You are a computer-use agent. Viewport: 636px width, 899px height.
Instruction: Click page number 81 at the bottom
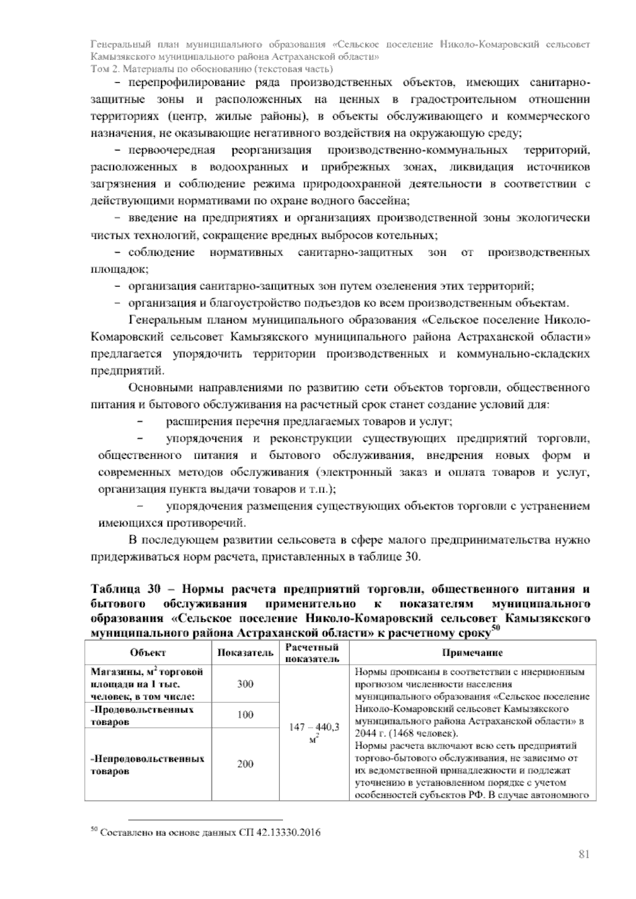584,854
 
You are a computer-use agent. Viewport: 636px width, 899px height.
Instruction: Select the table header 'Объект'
148,653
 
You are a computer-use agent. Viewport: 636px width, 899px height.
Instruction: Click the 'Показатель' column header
245,653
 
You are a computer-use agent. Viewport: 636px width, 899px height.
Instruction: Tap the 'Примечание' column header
472,653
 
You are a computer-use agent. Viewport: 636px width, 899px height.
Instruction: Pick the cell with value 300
245,684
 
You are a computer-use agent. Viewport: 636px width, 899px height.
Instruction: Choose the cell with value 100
245,715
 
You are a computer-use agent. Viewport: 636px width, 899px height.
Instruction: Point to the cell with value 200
245,764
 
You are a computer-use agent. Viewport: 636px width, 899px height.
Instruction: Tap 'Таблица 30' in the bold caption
119,589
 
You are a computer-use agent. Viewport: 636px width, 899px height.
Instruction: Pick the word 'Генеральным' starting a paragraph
160,321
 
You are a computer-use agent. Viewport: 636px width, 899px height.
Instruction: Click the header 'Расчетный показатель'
312,653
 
